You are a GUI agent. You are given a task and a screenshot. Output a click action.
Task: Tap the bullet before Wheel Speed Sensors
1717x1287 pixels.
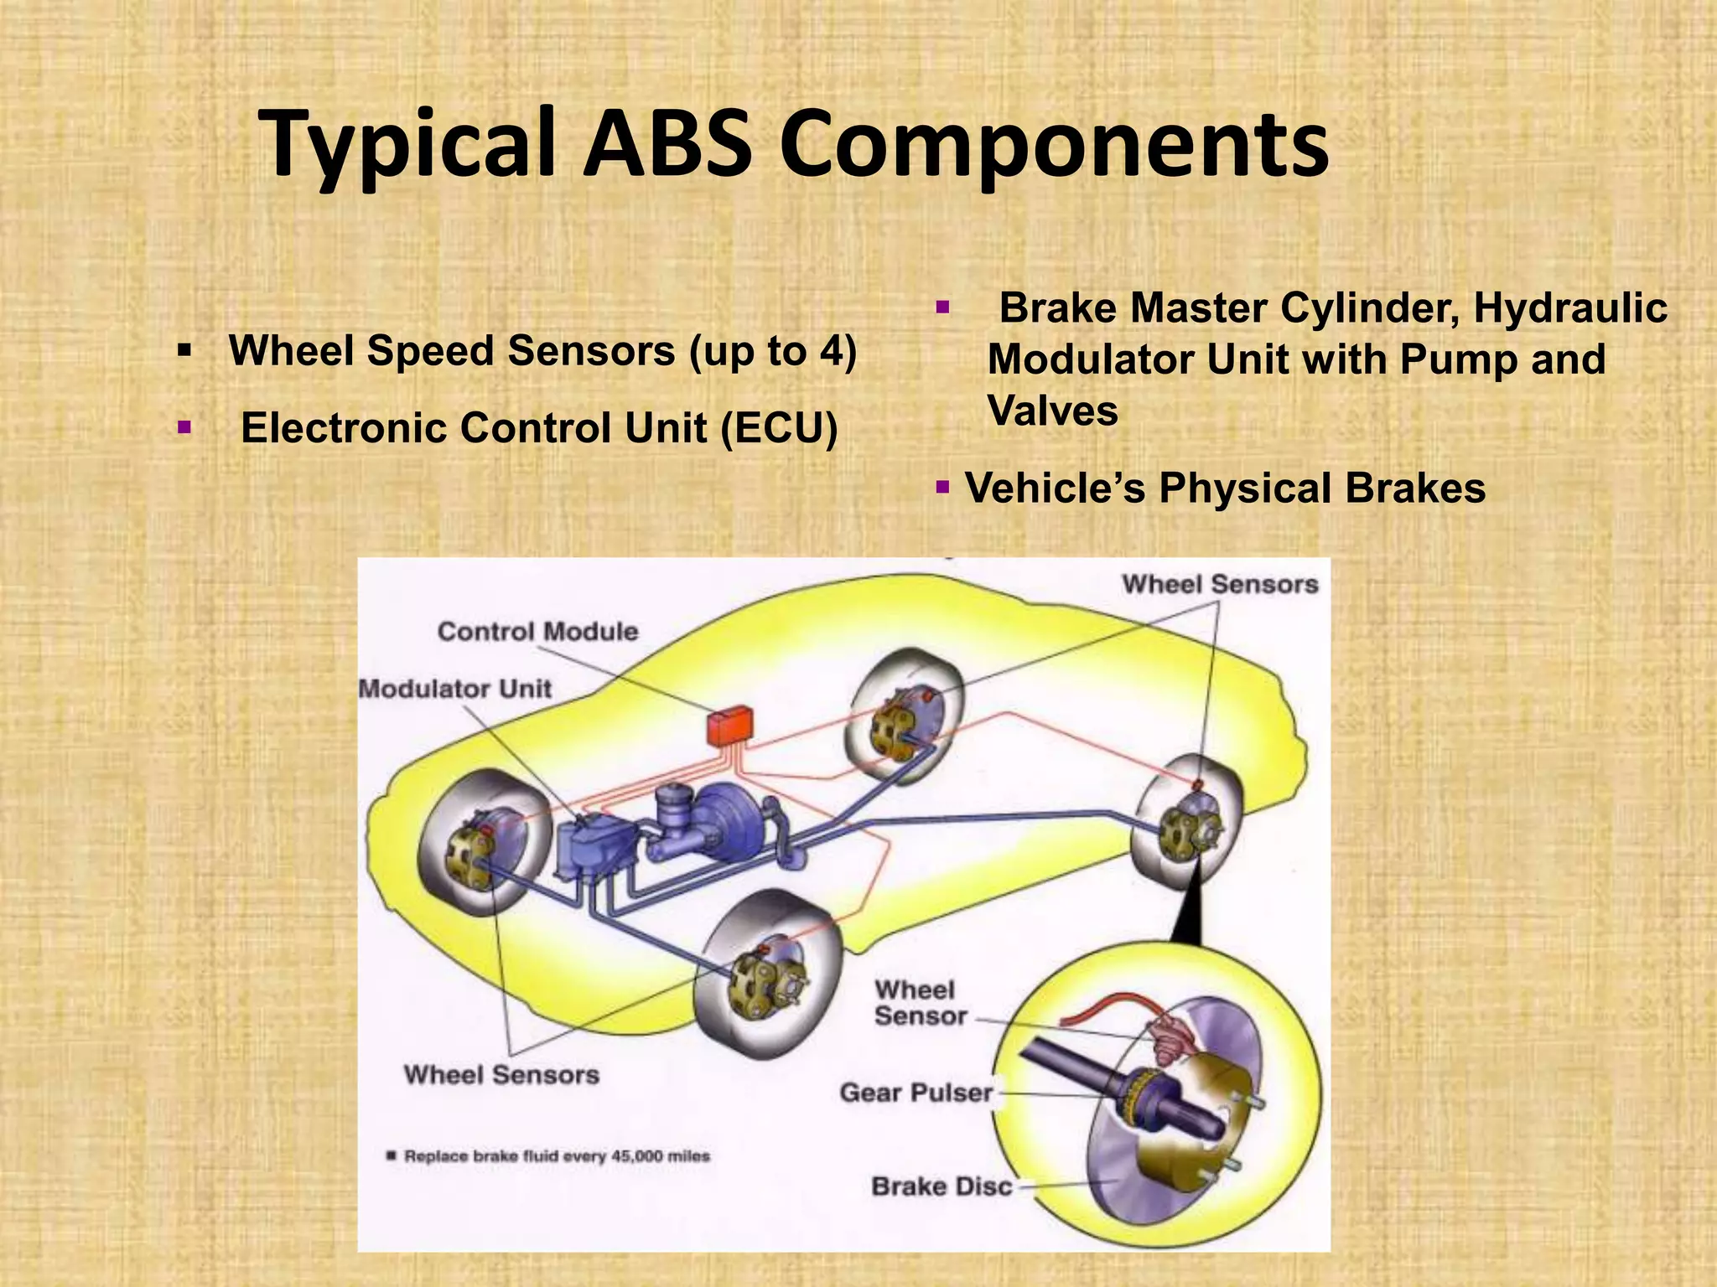tap(184, 350)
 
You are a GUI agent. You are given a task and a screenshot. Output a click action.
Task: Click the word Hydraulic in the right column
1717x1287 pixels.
tap(1569, 308)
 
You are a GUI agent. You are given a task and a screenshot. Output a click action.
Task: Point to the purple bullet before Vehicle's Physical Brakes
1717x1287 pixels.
tap(942, 487)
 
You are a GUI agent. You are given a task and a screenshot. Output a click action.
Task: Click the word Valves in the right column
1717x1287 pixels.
tap(1052, 411)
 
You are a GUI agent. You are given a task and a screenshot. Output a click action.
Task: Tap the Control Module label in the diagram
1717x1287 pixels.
tap(537, 632)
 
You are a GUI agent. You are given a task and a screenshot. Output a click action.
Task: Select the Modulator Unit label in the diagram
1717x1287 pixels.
tap(454, 689)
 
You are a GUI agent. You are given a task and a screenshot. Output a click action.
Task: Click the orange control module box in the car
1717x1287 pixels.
tap(729, 726)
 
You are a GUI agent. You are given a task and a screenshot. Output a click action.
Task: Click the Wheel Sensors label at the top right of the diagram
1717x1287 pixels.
tap(1220, 584)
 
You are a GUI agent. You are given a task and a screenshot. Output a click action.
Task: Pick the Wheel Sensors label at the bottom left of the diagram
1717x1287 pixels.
tap(501, 1075)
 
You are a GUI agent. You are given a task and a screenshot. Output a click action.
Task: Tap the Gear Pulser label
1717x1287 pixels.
tap(916, 1093)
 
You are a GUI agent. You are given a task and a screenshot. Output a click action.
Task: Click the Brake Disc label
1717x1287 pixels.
tap(941, 1186)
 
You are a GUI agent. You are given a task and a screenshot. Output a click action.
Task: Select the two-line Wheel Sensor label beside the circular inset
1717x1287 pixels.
tap(920, 1003)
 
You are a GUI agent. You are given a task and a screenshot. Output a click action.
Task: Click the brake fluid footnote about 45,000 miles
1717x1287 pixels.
tap(556, 1156)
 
